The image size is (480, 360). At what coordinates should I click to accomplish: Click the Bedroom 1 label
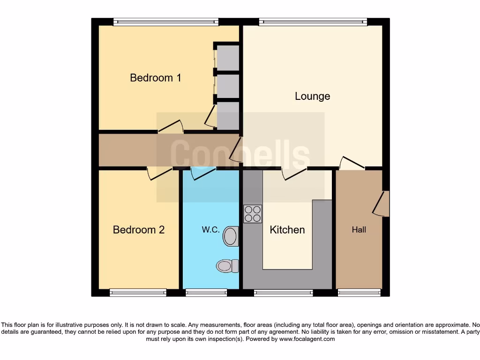(x=155, y=78)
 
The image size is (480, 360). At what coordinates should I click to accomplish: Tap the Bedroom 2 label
(x=139, y=230)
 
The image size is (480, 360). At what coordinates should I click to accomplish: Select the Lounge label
(x=312, y=96)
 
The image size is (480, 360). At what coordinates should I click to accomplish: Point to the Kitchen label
(x=287, y=230)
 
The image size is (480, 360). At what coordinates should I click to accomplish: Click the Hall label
(x=359, y=230)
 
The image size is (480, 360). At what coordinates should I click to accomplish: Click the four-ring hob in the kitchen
(x=253, y=214)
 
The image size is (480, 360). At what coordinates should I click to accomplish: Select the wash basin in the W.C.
(x=230, y=236)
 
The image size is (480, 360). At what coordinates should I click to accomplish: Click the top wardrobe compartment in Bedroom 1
(x=228, y=57)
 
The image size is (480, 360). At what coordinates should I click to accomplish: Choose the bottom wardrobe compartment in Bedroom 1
(x=228, y=115)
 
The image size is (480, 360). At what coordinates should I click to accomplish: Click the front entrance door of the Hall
(x=382, y=204)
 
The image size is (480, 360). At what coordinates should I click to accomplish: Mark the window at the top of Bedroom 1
(x=165, y=22)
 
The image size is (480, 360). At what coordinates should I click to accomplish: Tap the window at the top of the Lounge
(x=313, y=22)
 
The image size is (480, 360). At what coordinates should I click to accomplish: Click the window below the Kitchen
(x=284, y=292)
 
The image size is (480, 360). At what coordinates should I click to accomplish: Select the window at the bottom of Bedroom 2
(x=138, y=292)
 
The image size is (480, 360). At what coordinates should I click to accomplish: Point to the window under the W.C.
(x=206, y=292)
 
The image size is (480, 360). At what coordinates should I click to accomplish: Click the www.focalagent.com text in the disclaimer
(x=307, y=339)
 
